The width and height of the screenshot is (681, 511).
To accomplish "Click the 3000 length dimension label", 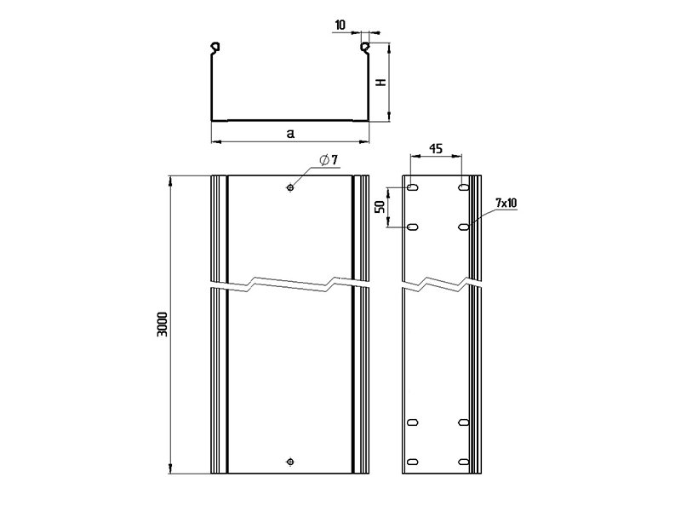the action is coord(163,324).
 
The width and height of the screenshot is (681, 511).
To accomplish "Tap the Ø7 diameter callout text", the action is coord(329,160).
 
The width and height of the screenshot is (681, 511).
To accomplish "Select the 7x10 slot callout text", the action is coord(506,203).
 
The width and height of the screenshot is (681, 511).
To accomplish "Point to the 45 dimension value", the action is coord(436,148).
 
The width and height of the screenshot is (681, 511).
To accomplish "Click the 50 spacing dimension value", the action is coord(380,206).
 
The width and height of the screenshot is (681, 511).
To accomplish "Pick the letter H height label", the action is coord(381,82).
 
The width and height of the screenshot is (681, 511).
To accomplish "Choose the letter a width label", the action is coord(290,134).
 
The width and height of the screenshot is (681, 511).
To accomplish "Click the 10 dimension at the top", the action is coord(340,26).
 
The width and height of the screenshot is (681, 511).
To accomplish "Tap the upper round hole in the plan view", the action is coord(290,187).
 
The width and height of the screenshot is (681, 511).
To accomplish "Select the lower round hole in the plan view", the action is coord(290,462).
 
